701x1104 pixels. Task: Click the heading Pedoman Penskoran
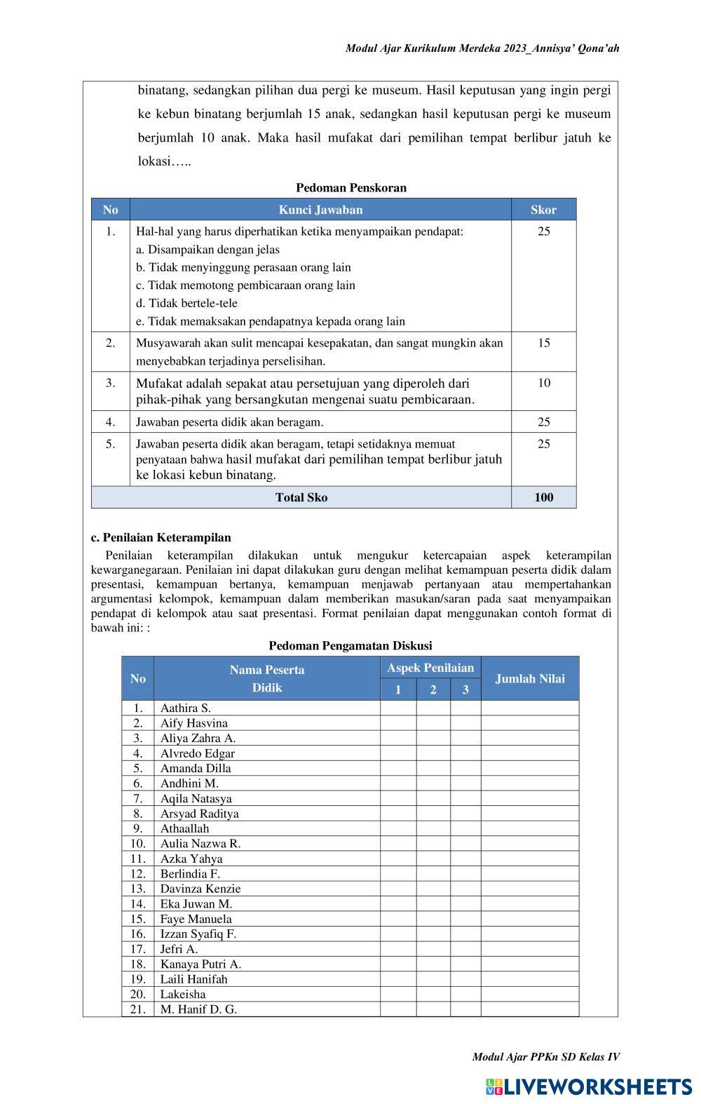pyautogui.click(x=350, y=188)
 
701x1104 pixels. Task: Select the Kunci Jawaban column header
pyautogui.click(x=320, y=210)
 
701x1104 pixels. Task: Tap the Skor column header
pyautogui.click(x=543, y=210)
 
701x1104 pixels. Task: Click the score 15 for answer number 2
pyautogui.click(x=543, y=343)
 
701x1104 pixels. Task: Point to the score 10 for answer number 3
pyautogui.click(x=543, y=383)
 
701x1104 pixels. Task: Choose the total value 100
pyautogui.click(x=543, y=497)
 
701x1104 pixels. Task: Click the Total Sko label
pyautogui.click(x=301, y=497)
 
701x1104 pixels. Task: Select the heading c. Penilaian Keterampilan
pyautogui.click(x=161, y=538)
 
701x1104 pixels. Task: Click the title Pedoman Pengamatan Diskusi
pyautogui.click(x=350, y=645)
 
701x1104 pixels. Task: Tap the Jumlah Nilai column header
pyautogui.click(x=530, y=678)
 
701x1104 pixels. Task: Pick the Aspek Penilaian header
pyautogui.click(x=430, y=668)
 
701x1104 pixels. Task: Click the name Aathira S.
pyautogui.click(x=185, y=708)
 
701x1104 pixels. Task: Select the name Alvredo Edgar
pyautogui.click(x=197, y=753)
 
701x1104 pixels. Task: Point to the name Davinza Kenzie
pyautogui.click(x=200, y=889)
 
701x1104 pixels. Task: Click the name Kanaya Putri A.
pyautogui.click(x=200, y=964)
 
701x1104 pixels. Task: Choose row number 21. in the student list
pyautogui.click(x=137, y=1009)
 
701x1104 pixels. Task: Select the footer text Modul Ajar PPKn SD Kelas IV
pyautogui.click(x=545, y=1057)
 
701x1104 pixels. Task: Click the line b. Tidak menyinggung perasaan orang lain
pyautogui.click(x=243, y=267)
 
